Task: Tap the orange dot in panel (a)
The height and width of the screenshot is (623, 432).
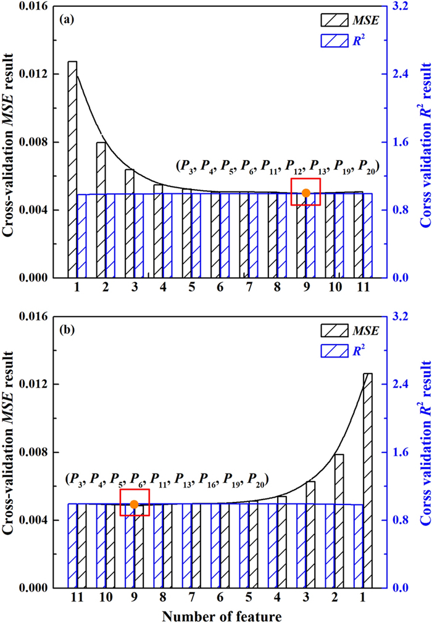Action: click(305, 193)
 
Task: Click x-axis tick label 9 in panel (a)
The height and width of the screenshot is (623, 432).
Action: click(306, 288)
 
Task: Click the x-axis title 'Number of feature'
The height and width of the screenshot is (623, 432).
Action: click(223, 615)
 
